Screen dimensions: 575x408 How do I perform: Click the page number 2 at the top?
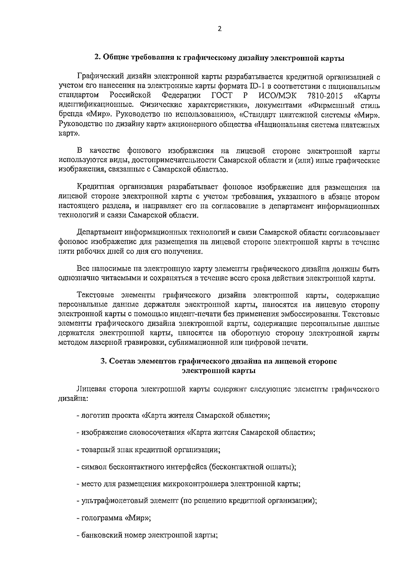tap(219, 29)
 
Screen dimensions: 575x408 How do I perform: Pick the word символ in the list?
tap(91, 467)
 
